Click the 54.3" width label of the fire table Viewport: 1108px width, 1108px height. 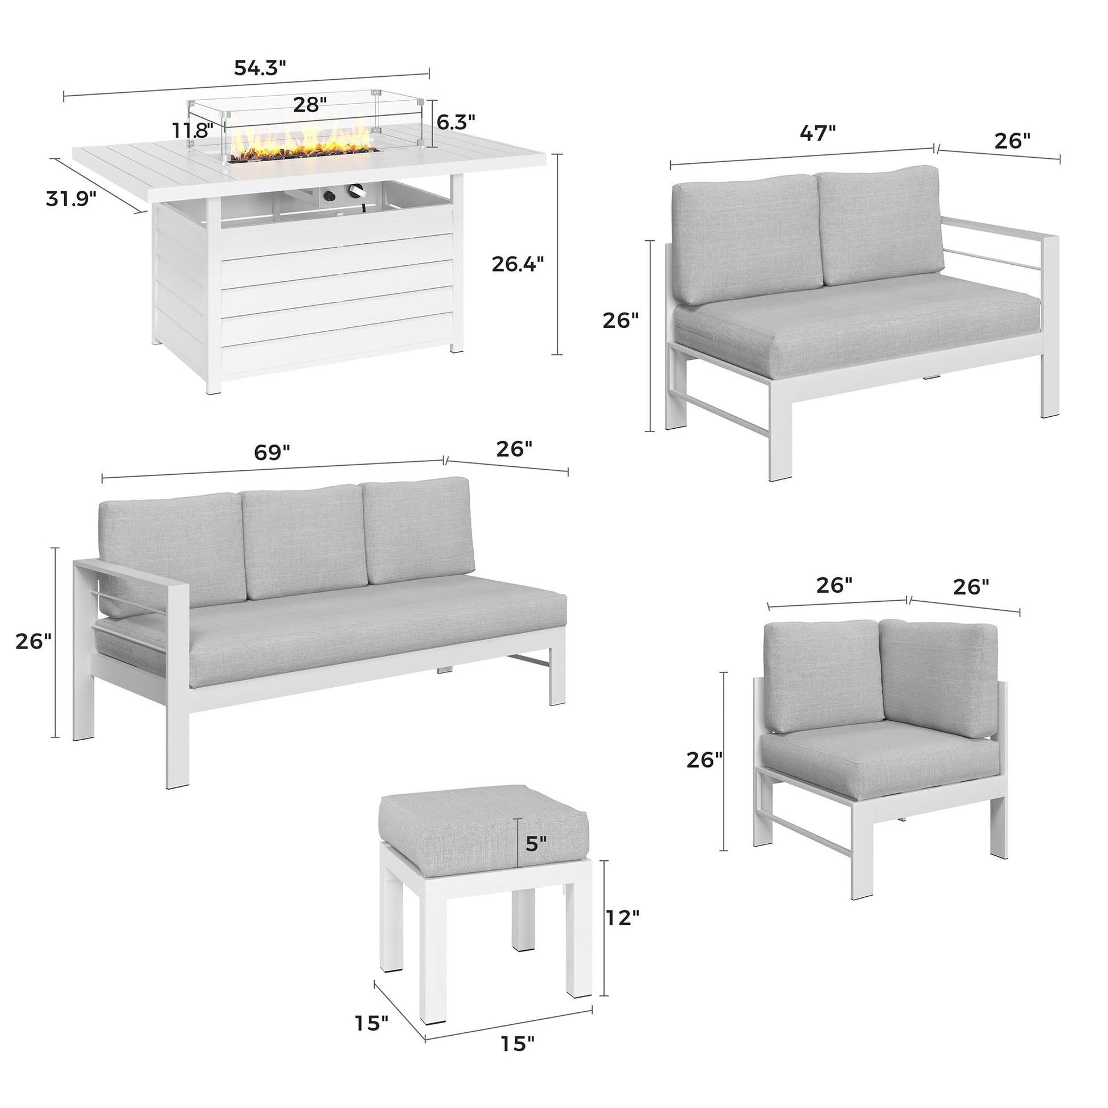coord(260,68)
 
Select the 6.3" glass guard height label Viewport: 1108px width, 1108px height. coord(456,122)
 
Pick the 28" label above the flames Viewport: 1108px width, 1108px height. coord(310,104)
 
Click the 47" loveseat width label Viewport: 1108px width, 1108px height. coord(818,134)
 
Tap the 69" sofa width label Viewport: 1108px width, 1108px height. coord(272,452)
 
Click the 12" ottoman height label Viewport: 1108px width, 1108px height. coord(621,918)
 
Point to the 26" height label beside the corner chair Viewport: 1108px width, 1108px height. coord(704,760)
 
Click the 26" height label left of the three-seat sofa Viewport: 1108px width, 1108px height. coord(33,642)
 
